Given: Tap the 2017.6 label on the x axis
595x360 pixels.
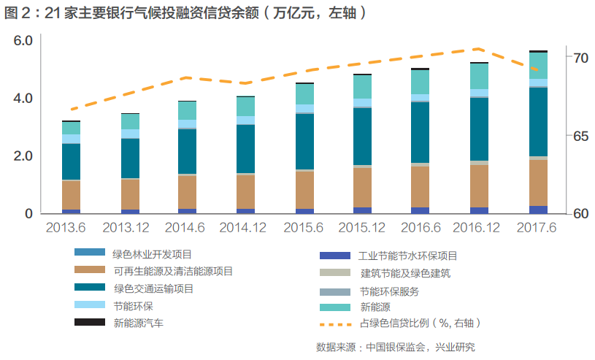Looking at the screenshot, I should [x=538, y=228].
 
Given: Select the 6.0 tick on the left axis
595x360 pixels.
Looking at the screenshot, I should [x=24, y=41].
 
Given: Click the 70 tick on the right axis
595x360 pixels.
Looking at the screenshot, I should [x=581, y=57].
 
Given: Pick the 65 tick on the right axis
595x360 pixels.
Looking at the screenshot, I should [x=581, y=136].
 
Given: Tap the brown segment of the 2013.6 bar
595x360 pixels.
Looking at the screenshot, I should [x=72, y=195].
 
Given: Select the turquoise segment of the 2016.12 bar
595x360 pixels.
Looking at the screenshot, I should [x=480, y=76].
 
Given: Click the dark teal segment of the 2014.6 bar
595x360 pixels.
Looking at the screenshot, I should [x=188, y=151].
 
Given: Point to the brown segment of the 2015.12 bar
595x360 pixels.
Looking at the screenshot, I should [x=363, y=188].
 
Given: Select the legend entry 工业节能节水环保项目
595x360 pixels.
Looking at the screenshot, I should [x=408, y=256].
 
